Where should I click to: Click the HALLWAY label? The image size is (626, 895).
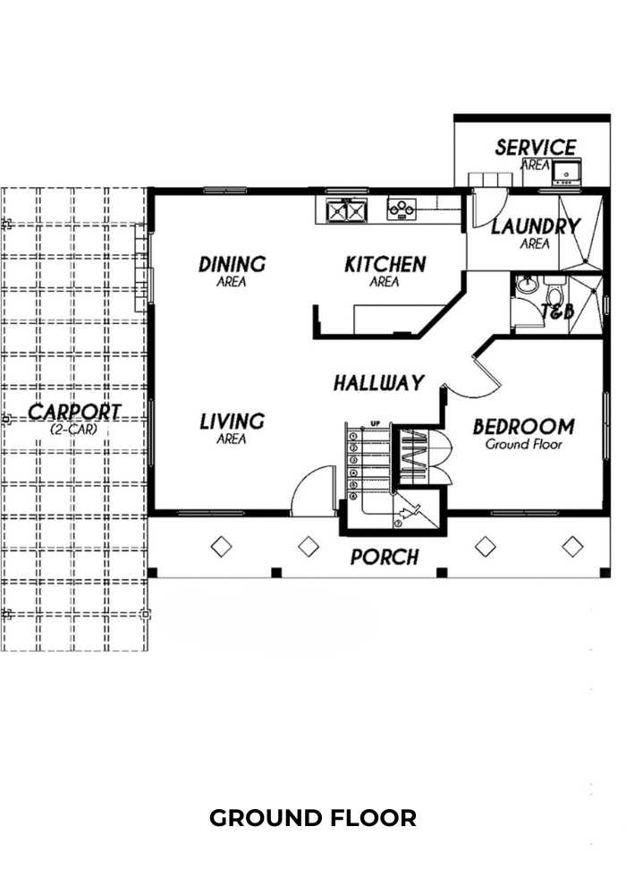click(379, 382)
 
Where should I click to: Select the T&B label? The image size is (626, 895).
click(557, 311)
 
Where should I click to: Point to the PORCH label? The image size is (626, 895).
click(385, 557)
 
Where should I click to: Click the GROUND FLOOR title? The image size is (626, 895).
click(313, 818)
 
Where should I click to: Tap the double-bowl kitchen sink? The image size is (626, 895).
click(345, 210)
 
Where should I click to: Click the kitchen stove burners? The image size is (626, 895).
click(402, 209)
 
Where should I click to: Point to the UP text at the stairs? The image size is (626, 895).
click(375, 423)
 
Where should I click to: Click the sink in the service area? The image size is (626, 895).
click(567, 173)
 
